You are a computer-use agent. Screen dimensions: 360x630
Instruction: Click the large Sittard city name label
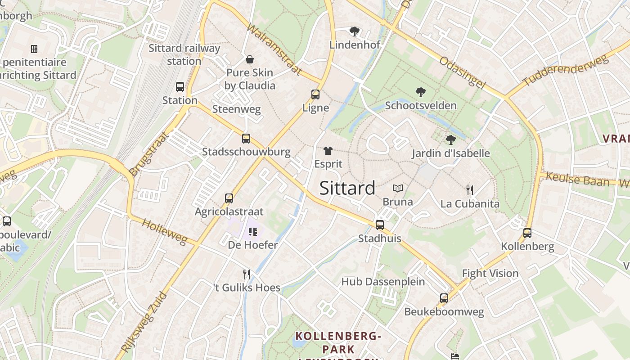[347, 188]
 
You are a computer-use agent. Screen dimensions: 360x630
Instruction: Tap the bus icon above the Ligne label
[315, 94]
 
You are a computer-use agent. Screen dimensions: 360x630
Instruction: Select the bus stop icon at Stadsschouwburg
[246, 138]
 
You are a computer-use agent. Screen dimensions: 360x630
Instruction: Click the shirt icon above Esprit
[328, 151]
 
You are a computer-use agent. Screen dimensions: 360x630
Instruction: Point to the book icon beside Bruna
[398, 189]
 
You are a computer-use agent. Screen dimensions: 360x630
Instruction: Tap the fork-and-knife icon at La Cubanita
[470, 190]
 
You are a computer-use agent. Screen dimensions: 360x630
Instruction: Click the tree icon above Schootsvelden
[421, 92]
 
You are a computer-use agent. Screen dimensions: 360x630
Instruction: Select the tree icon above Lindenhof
[355, 31]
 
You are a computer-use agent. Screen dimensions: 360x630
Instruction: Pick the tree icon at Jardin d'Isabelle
[450, 140]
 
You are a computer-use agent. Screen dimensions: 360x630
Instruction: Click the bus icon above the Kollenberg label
[527, 233]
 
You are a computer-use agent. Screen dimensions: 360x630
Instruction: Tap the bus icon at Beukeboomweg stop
[444, 298]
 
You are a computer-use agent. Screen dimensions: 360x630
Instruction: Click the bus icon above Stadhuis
[380, 225]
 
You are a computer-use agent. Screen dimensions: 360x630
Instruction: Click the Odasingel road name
[463, 72]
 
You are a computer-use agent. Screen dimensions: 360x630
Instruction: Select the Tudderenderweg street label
[564, 68]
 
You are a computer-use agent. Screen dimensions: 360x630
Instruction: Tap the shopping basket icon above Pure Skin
[249, 59]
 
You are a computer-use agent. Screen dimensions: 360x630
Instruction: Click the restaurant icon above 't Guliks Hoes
[246, 274]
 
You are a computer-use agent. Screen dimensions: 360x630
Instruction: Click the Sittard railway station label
[184, 54]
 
